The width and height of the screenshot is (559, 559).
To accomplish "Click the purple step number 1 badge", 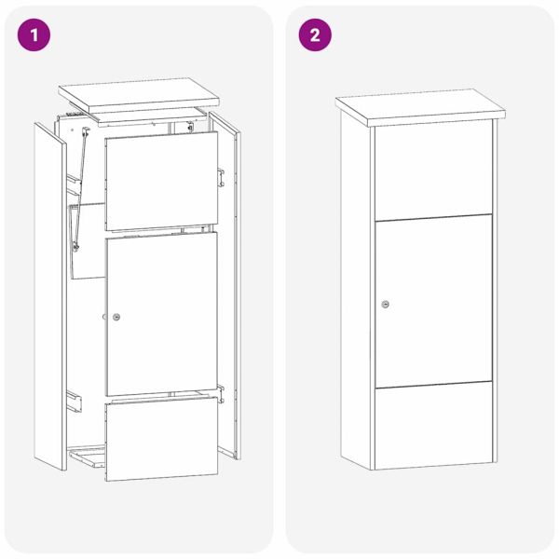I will tap(35, 35).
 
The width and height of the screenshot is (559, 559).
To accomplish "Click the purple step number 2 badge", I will tap(314, 35).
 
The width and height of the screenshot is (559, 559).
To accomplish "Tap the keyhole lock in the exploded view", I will tap(116, 318).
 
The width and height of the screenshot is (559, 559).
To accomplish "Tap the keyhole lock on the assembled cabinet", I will tap(386, 304).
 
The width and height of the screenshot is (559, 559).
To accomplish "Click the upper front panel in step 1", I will tap(161, 181).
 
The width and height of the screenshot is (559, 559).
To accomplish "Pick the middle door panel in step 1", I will tap(161, 312).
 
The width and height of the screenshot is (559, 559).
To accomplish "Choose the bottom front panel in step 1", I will tap(161, 438).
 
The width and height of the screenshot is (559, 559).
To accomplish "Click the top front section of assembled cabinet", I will tap(433, 170).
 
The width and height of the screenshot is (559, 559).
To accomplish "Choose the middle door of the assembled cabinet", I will tap(433, 301).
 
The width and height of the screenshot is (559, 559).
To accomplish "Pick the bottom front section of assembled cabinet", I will tap(433, 424).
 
